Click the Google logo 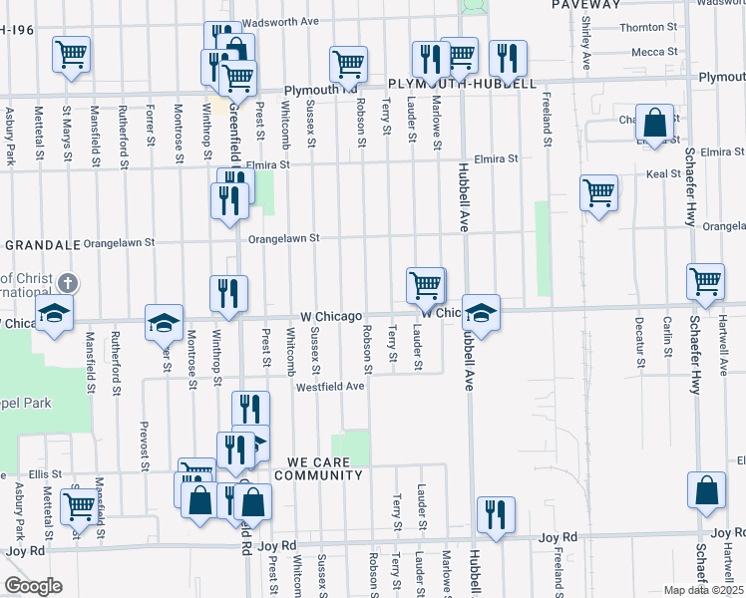point(33,586)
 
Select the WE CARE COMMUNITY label point(324,468)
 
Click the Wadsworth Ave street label point(280,21)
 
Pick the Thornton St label point(648,28)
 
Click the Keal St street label point(663,173)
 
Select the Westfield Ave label point(330,386)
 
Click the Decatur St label point(637,339)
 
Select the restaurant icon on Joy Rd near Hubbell point(496,514)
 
